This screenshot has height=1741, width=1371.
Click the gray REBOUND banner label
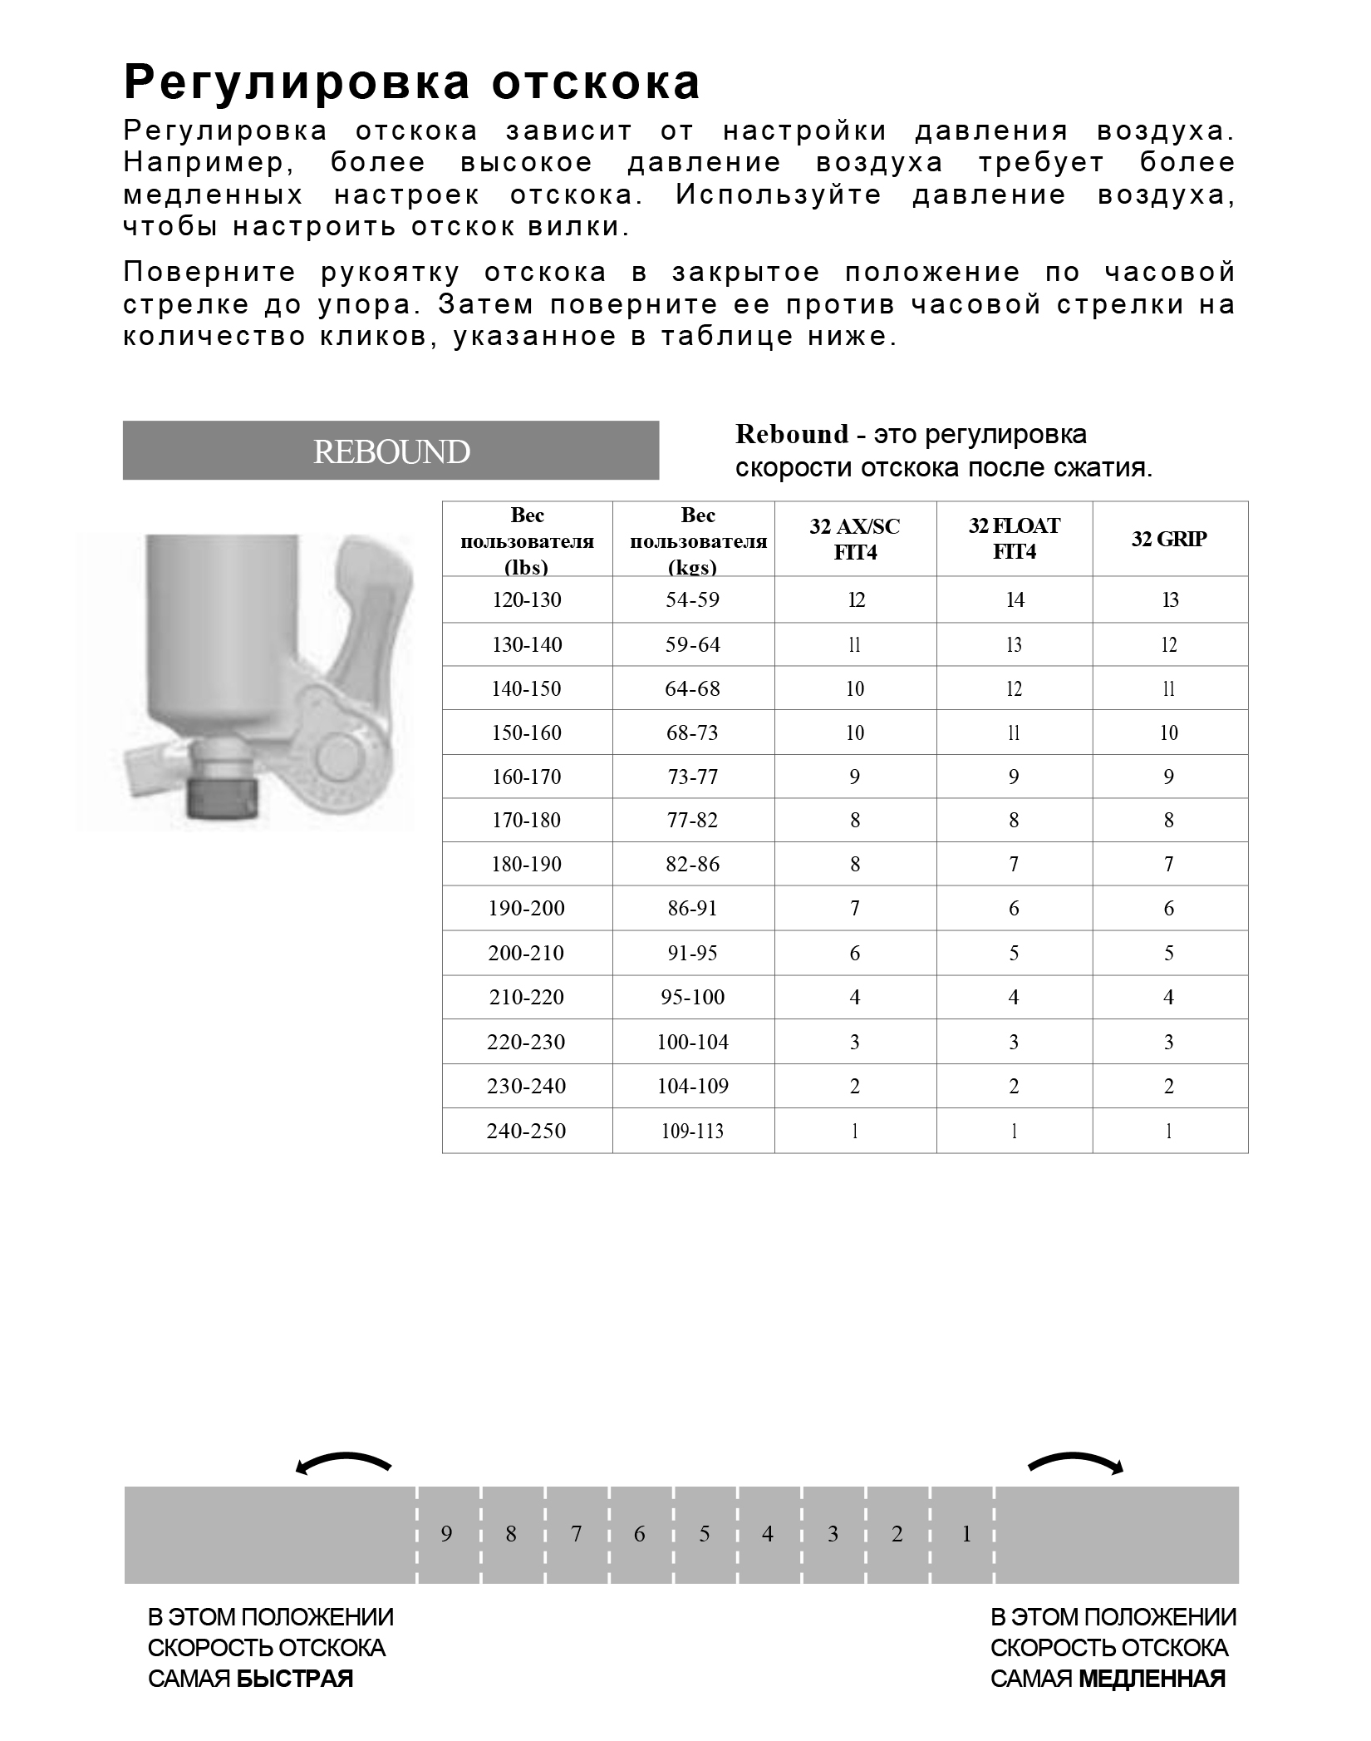391,451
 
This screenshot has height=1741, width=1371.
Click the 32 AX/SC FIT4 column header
855,539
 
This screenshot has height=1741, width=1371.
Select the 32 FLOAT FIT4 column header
1014,538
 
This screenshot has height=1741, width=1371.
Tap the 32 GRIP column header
1169,539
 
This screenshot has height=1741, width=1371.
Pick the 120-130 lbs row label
527,599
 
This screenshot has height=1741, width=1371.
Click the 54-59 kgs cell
692,599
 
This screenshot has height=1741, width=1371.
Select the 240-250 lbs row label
527,1131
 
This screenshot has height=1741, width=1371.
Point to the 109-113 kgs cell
692,1131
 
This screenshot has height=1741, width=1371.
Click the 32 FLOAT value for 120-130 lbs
1015,599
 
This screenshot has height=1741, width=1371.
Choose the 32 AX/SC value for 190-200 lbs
855,908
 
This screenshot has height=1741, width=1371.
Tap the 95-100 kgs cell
692,997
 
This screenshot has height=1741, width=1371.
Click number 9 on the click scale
447,1534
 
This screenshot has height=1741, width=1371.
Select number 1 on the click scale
966,1534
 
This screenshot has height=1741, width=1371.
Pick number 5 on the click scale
705,1534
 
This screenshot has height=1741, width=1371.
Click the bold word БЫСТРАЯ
295,1678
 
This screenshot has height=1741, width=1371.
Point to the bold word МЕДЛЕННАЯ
1152,1678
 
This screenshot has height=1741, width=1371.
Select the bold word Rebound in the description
792,434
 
